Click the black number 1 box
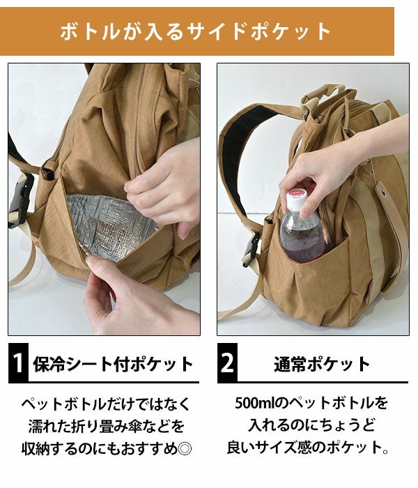click(18, 363)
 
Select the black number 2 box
click(227, 363)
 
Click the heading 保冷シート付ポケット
click(113, 364)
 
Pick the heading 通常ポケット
click(322, 364)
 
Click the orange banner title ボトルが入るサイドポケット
click(195, 31)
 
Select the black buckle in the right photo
click(251, 249)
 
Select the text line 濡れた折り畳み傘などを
click(107, 427)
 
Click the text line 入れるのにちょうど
click(312, 425)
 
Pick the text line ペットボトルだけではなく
click(106, 404)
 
